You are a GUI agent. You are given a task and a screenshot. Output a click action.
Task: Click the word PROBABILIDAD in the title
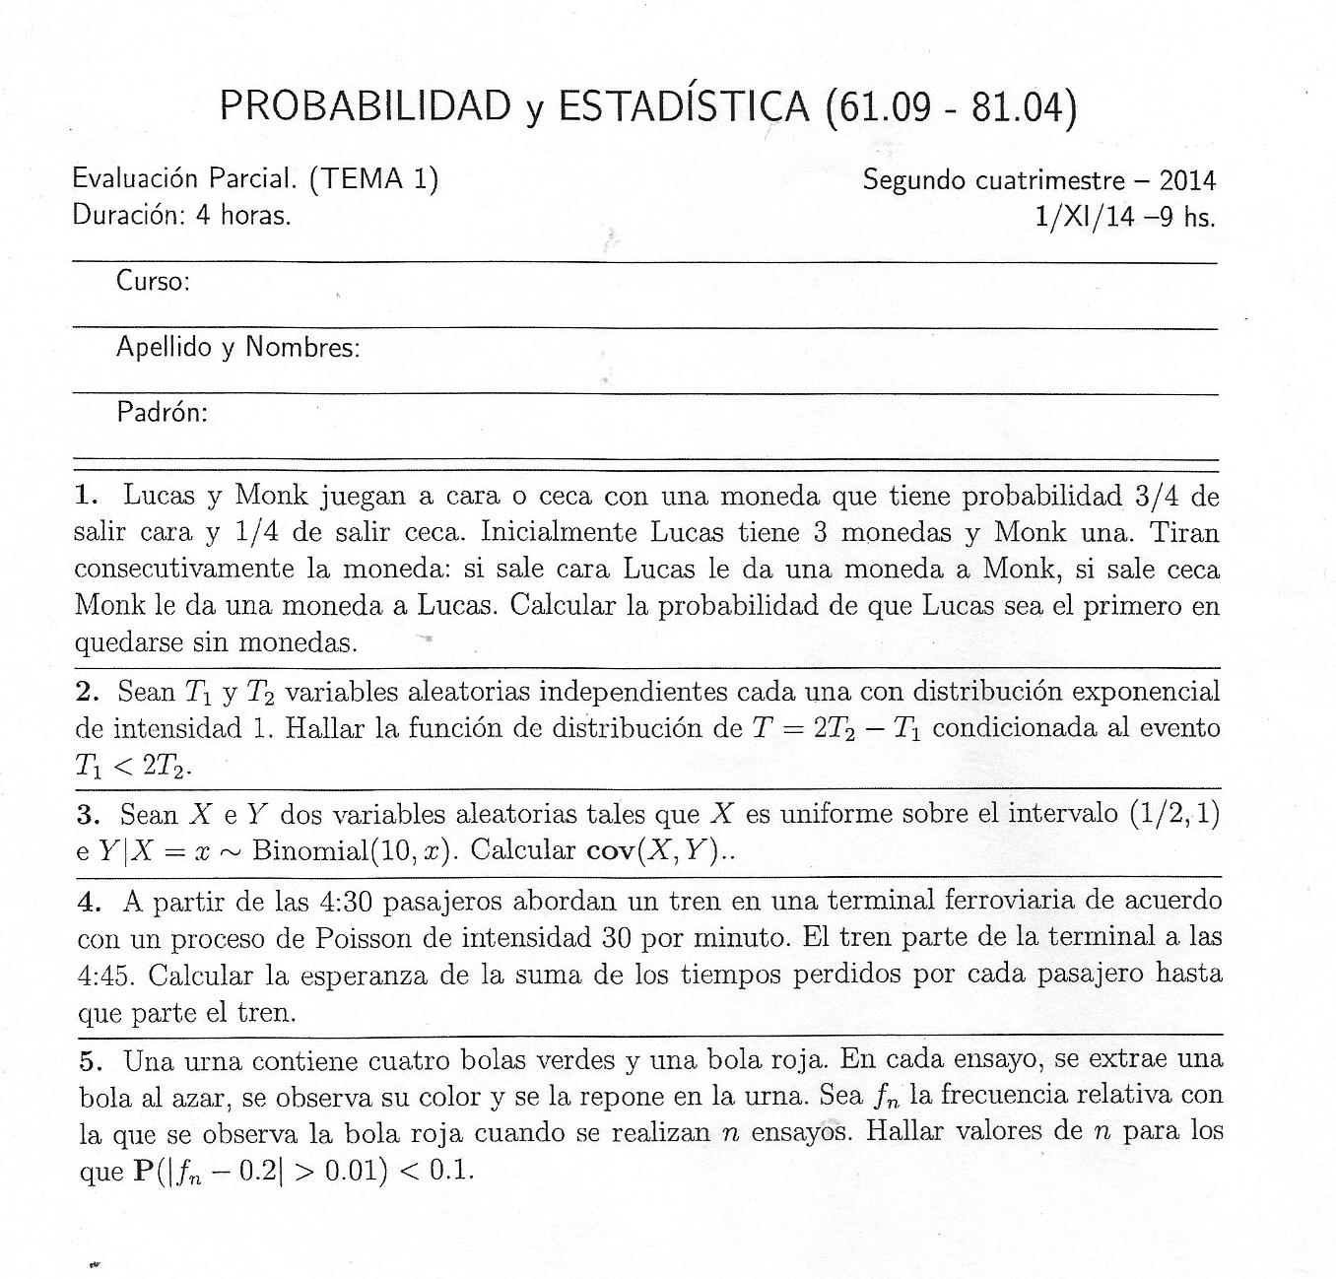point(365,105)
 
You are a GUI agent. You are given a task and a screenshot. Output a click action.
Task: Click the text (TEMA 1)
point(373,178)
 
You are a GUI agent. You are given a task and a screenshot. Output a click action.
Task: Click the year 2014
point(1187,180)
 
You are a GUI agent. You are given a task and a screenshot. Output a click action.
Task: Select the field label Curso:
point(153,282)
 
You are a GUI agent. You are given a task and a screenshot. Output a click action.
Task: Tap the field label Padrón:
point(162,412)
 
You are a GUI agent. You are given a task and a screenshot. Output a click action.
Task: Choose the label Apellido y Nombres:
point(237,347)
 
